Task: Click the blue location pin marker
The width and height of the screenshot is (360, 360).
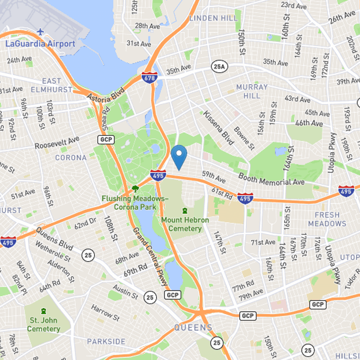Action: coord(179,156)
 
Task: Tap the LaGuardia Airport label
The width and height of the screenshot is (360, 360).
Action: coord(40,44)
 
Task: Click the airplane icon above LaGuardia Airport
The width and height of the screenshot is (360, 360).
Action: coord(40,31)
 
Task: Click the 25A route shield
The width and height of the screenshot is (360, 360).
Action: coord(218,67)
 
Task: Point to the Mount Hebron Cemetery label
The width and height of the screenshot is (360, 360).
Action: coord(185,224)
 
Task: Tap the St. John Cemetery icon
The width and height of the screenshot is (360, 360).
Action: coord(43,311)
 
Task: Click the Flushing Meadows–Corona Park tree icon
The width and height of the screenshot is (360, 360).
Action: coord(135,189)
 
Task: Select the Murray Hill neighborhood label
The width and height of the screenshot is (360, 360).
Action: coord(252,91)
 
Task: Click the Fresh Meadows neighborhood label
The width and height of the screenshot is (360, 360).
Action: coord(327,219)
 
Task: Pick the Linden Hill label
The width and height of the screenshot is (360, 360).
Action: coord(213,18)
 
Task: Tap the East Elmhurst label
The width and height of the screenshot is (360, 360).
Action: coord(51,85)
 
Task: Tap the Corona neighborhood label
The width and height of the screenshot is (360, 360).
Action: coord(71,157)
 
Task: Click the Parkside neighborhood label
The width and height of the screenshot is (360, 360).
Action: coord(106,342)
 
